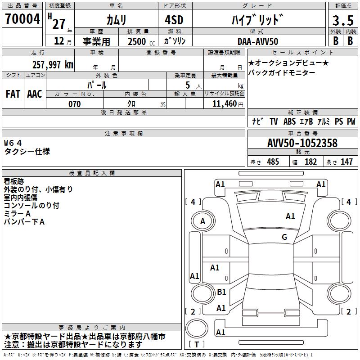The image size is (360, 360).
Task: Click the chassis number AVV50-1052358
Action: tap(302, 143)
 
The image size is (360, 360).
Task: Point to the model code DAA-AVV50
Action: tap(258, 41)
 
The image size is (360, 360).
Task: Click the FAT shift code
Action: tap(13, 94)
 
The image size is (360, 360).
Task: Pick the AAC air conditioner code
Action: tap(34, 94)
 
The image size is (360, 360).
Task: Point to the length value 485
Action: tap(273, 162)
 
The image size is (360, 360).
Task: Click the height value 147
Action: tap(346, 162)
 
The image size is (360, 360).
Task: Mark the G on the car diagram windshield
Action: tap(284, 237)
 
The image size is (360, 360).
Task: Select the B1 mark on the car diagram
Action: tap(221, 292)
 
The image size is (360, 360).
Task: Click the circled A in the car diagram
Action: tap(202, 221)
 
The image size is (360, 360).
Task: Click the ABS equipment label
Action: tap(290, 121)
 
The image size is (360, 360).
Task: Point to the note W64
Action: tap(13, 143)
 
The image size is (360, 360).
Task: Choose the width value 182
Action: tap(310, 162)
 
